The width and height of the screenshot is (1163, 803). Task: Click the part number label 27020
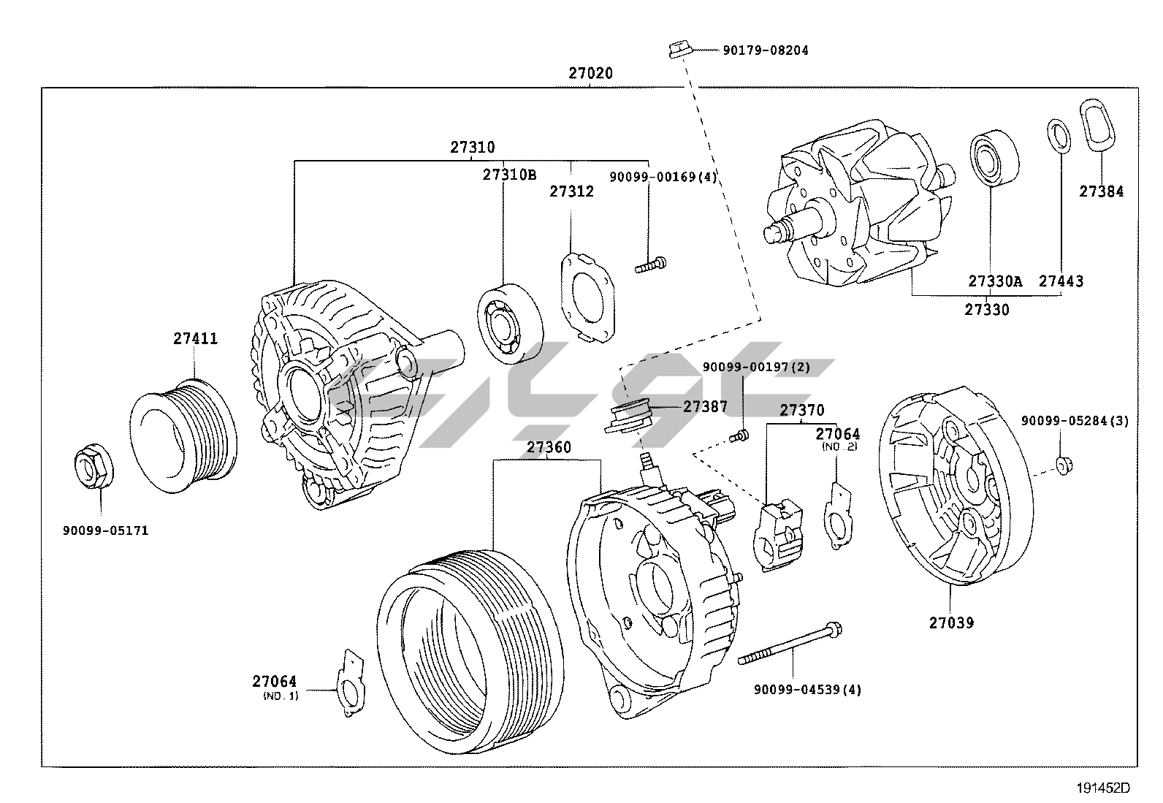tap(590, 73)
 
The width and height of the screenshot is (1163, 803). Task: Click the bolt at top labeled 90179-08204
tap(679, 50)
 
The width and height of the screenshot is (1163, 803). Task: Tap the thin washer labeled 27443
tap(1056, 137)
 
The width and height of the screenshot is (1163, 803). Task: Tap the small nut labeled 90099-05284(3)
tap(1063, 465)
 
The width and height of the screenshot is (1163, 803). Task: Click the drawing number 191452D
tap(1103, 788)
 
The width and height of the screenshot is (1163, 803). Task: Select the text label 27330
tap(986, 310)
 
